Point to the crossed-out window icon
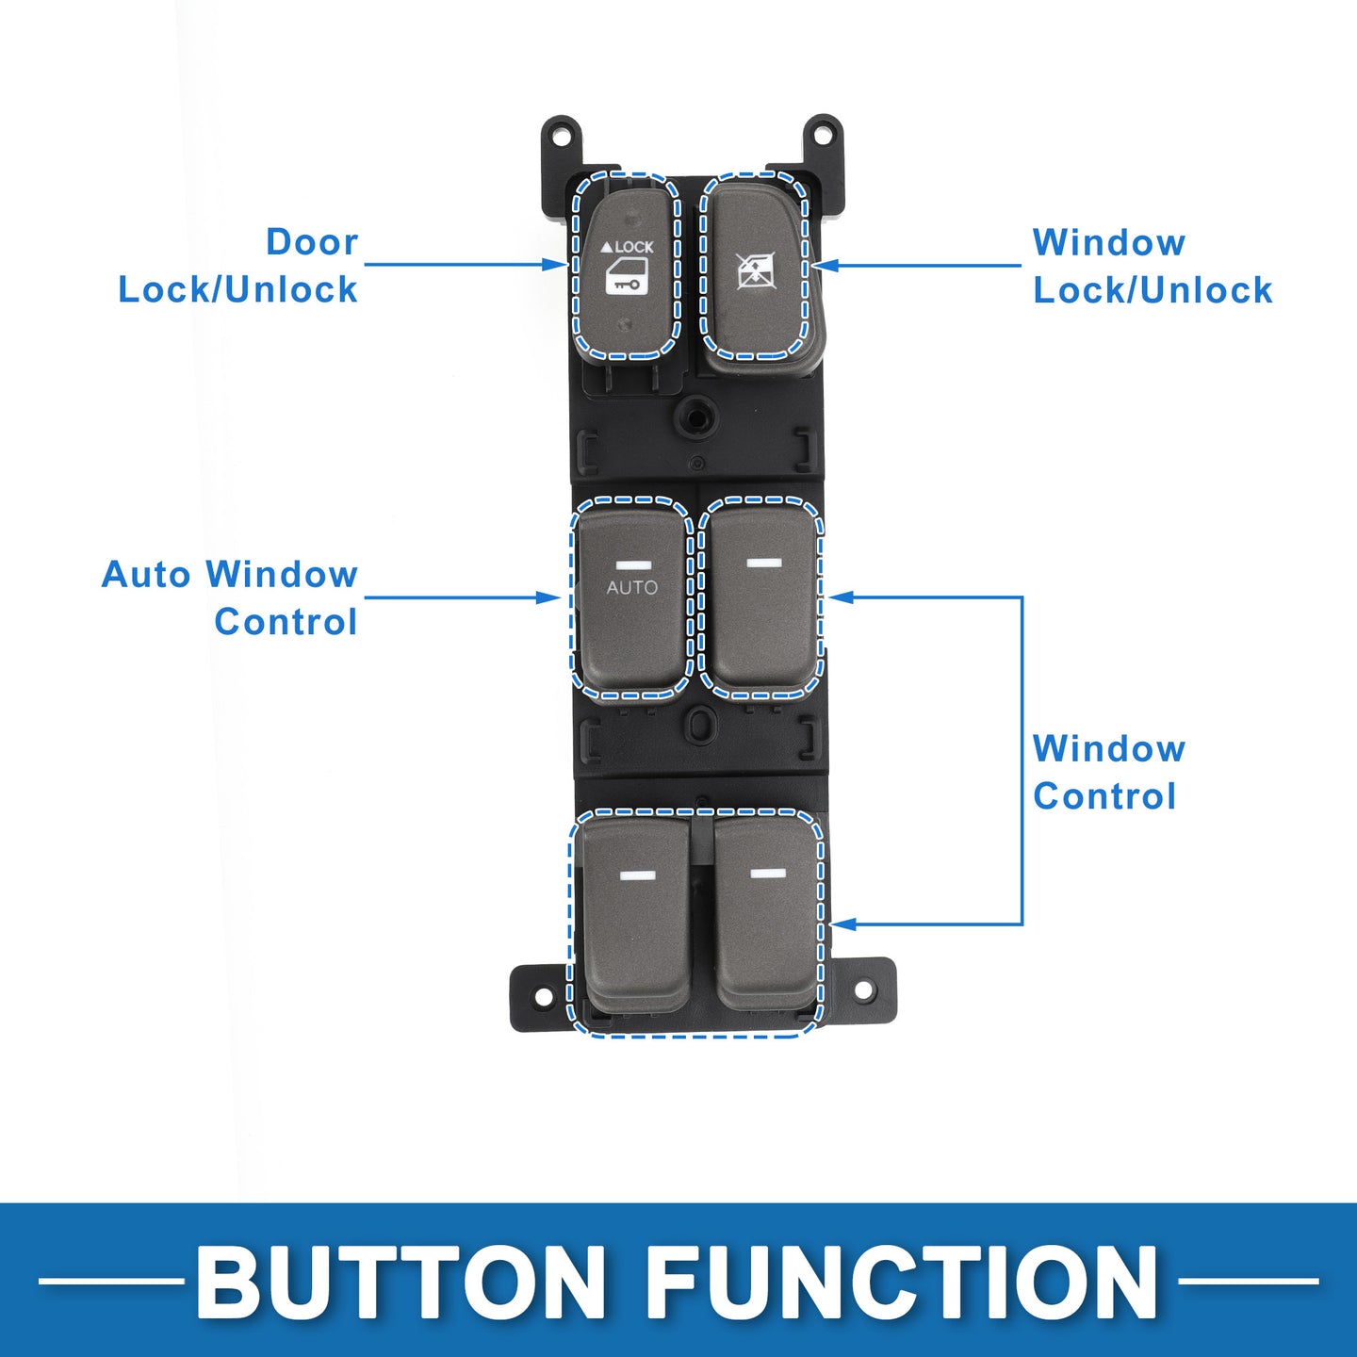click(x=752, y=271)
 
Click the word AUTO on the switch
click(x=631, y=587)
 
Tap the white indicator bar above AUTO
click(x=631, y=564)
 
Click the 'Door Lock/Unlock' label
click(x=238, y=266)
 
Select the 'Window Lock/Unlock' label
click(x=1153, y=266)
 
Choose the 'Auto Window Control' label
click(x=230, y=597)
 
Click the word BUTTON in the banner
click(x=401, y=1281)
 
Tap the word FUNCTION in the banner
click(x=903, y=1281)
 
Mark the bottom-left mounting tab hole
click(x=542, y=996)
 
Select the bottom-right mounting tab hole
click(x=862, y=990)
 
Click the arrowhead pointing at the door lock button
click(x=556, y=265)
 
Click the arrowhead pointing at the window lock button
click(x=824, y=266)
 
